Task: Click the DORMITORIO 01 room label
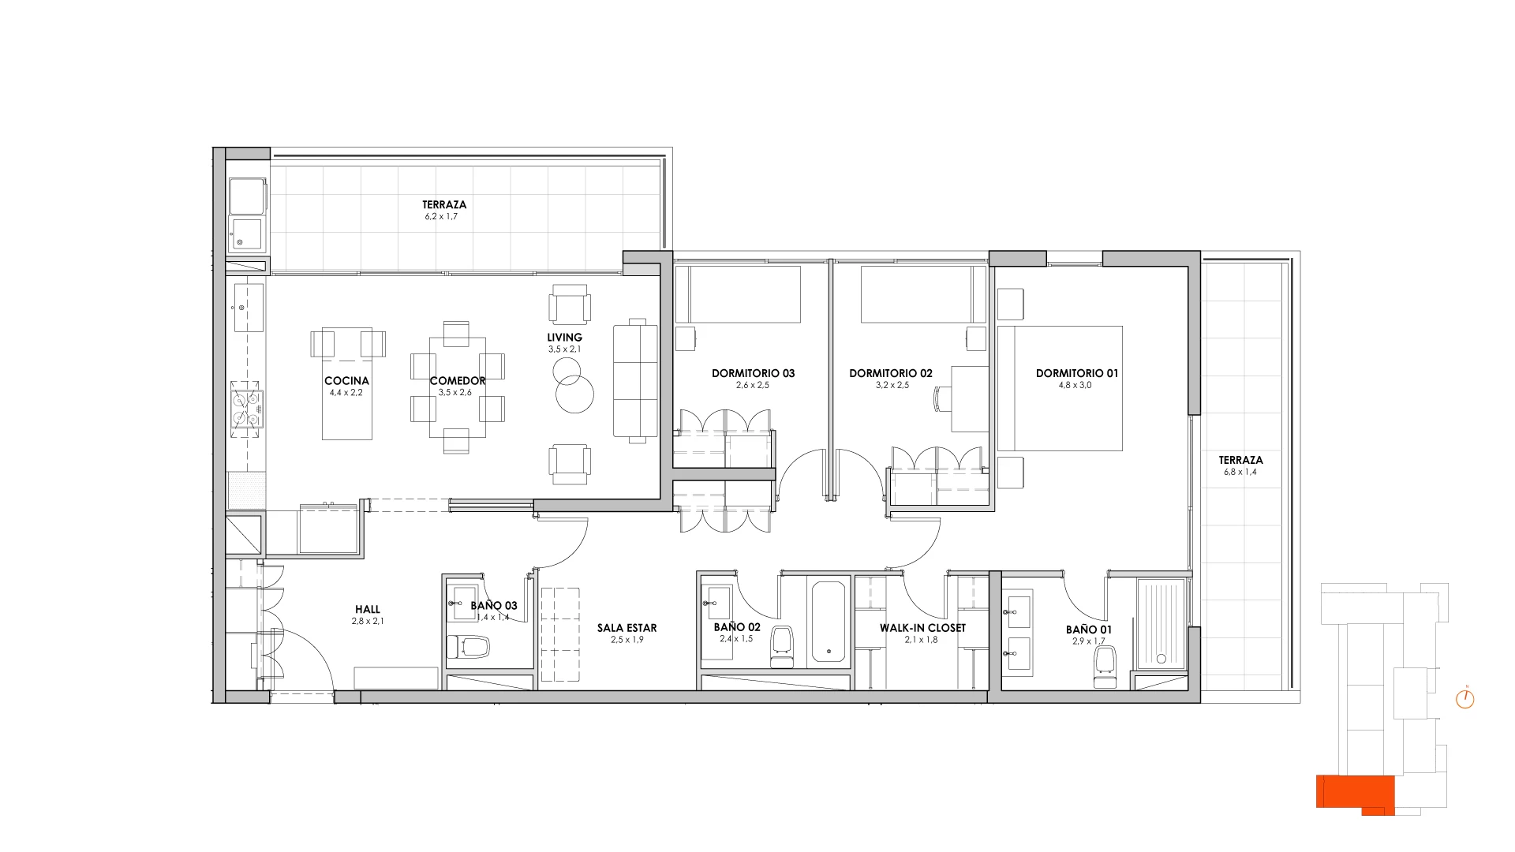click(1076, 373)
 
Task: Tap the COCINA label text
click(346, 380)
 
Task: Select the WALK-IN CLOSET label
click(922, 628)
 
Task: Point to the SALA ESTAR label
click(627, 628)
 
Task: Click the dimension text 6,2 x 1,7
click(441, 216)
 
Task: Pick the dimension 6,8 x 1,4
click(1240, 472)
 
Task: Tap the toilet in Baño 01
click(1105, 666)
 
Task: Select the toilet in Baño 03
click(468, 648)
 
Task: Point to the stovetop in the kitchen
click(245, 409)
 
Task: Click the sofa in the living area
click(635, 379)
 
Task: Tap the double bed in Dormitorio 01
click(1060, 388)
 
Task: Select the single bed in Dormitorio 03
click(738, 294)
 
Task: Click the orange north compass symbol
click(1464, 698)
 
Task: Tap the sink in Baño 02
click(717, 603)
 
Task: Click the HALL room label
click(368, 609)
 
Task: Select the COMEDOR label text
click(458, 380)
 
